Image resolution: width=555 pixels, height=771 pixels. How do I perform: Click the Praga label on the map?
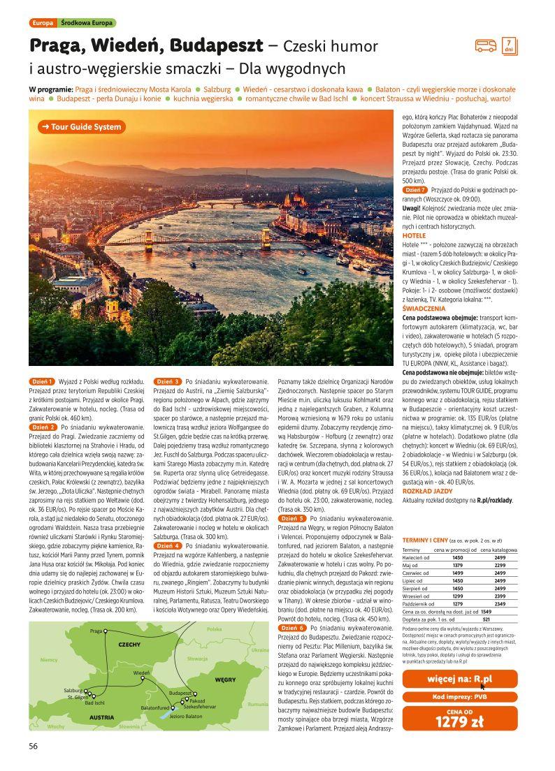click(96, 631)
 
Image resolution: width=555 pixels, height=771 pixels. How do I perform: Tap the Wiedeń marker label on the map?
click(141, 673)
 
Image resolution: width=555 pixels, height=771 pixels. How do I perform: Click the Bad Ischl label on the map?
click(94, 703)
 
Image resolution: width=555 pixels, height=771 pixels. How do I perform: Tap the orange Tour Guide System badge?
click(80, 127)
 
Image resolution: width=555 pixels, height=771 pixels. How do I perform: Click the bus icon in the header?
click(485, 46)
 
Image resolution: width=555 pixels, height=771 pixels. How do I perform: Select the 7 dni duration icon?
click(508, 45)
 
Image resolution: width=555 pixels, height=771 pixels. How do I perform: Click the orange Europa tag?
click(42, 23)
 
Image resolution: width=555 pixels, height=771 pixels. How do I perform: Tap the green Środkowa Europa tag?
click(87, 23)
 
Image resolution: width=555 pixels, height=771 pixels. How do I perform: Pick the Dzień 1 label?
click(43, 382)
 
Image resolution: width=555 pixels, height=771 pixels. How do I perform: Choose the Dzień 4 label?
click(168, 545)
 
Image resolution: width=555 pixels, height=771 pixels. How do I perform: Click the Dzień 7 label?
click(415, 190)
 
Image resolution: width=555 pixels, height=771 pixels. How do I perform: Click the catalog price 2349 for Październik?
click(500, 604)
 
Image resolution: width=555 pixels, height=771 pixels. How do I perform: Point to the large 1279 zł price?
click(459, 722)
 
